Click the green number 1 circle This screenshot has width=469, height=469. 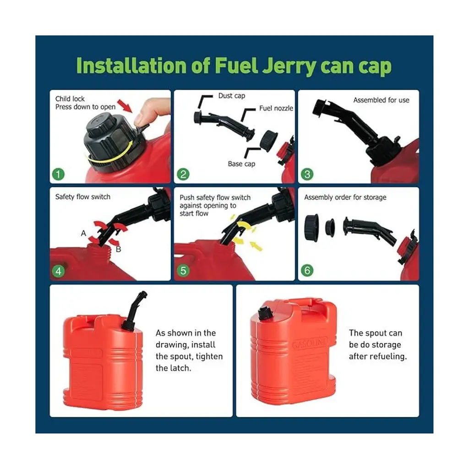58,174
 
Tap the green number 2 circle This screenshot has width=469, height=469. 183,174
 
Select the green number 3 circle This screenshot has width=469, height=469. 307,174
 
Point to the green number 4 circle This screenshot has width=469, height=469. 58,271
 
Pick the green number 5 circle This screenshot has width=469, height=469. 183,271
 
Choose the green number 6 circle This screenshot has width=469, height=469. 307,270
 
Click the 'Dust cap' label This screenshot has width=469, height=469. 231,96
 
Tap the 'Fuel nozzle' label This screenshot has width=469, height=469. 276,108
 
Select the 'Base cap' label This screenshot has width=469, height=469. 241,164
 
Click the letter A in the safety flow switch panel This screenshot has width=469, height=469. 83,233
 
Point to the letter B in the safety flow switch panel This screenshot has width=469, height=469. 119,249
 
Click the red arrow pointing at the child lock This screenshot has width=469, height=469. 125,106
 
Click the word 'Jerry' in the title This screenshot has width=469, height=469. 289,66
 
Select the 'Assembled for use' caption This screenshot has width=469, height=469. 381,100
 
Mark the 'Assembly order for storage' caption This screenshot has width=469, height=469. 345,197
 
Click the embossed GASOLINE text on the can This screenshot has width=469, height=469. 310,343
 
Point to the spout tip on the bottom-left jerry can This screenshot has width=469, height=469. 143,294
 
